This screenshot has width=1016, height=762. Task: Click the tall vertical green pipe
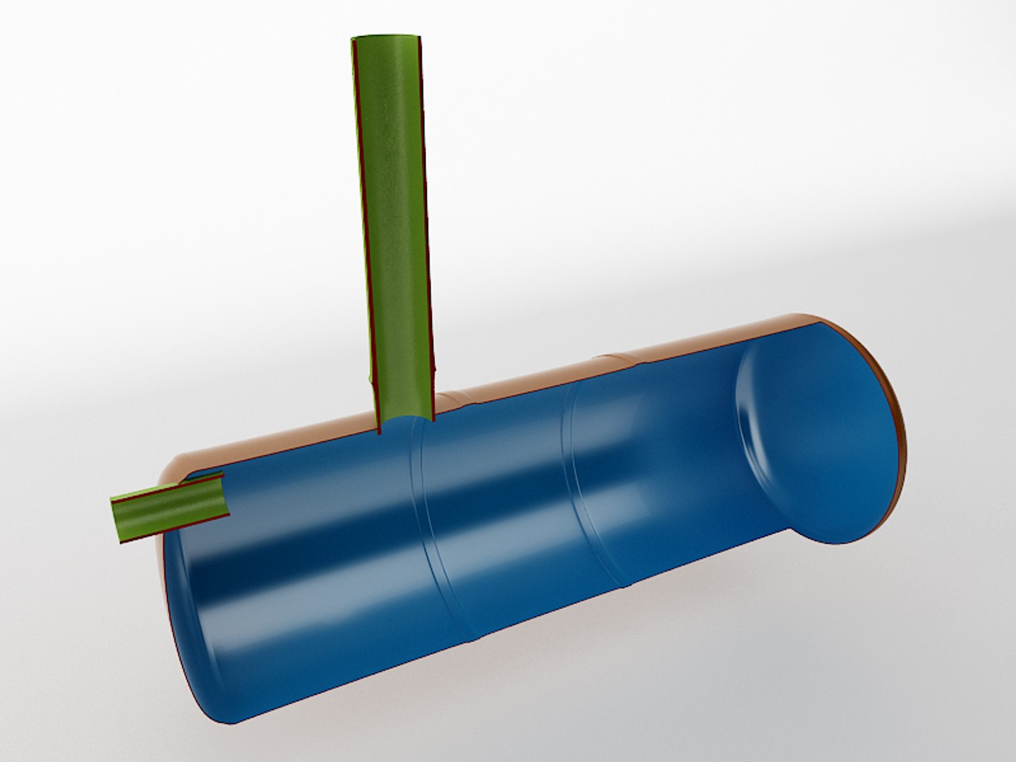[392, 212]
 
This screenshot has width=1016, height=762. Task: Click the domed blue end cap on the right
[818, 437]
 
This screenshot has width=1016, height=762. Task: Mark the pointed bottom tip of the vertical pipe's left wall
[380, 432]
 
